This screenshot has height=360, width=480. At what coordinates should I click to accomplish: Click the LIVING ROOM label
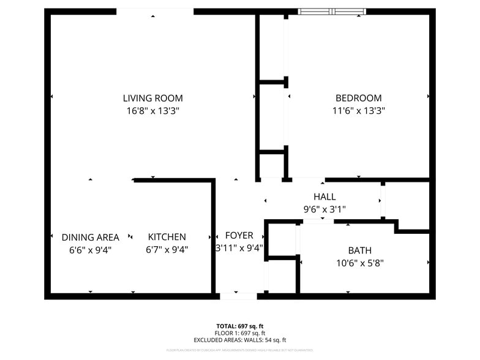click(x=152, y=98)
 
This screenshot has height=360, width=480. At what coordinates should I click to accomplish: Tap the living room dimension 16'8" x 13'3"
click(x=152, y=111)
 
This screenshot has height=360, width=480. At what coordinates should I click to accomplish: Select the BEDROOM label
click(x=358, y=98)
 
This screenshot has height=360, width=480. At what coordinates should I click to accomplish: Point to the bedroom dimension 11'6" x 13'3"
click(x=358, y=111)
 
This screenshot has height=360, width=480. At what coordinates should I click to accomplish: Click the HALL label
click(x=324, y=197)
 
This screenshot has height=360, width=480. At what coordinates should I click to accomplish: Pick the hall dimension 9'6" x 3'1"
click(x=324, y=209)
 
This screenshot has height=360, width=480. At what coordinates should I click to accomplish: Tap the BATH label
click(x=359, y=250)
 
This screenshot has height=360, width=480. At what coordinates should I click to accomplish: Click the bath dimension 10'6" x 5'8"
click(x=359, y=263)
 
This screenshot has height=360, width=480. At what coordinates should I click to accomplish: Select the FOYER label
click(x=239, y=236)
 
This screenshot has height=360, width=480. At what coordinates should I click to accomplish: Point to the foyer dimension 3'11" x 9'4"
click(x=239, y=248)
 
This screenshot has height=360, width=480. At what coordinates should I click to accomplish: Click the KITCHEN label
click(x=167, y=237)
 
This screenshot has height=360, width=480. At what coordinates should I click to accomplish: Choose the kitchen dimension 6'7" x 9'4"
click(x=167, y=249)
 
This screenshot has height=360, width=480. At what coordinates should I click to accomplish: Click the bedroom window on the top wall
click(x=331, y=11)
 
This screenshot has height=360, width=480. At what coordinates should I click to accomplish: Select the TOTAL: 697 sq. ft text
click(x=239, y=326)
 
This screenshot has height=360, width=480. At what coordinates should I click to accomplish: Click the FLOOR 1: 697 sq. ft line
click(x=239, y=333)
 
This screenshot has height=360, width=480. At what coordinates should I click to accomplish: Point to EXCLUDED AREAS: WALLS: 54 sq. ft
click(x=239, y=340)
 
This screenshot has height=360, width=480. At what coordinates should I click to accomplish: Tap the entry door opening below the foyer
click(x=238, y=296)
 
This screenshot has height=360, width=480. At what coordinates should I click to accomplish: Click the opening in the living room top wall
click(x=155, y=11)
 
